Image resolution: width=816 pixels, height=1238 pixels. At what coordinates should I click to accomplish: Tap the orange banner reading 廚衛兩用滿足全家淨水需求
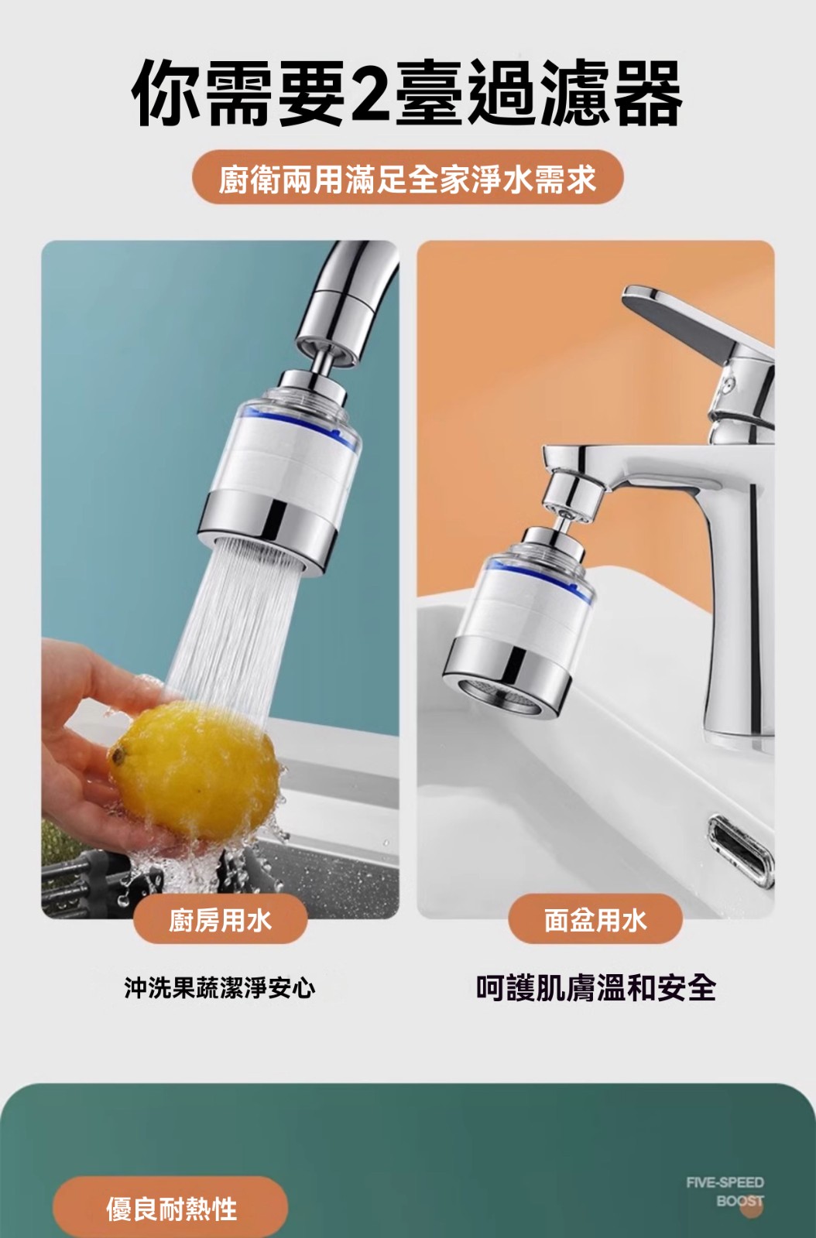tap(407, 177)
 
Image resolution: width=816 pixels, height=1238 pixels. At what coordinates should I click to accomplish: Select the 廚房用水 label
tap(220, 920)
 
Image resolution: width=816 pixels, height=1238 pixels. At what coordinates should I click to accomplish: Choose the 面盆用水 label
tap(595, 920)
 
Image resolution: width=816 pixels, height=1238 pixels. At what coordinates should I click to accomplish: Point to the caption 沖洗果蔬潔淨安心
tap(219, 988)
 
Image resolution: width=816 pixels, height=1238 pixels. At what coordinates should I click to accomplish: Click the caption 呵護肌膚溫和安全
tap(596, 988)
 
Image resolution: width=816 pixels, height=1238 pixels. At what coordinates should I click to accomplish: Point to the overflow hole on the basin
tap(741, 849)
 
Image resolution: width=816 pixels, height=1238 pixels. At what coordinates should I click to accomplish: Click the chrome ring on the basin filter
tap(509, 672)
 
